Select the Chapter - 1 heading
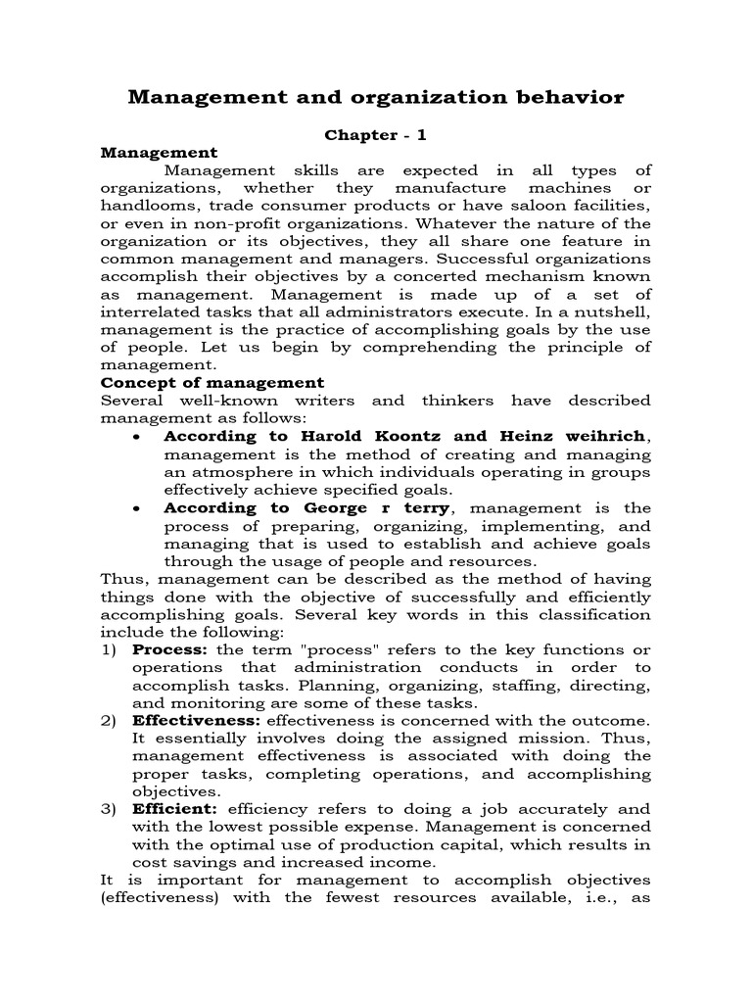click(x=376, y=135)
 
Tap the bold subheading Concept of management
click(x=212, y=383)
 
